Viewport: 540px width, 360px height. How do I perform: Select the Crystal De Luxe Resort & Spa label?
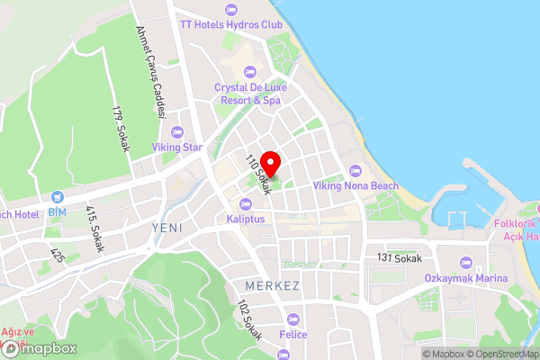(x=247, y=94)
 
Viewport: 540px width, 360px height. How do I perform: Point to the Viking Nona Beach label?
(x=355, y=185)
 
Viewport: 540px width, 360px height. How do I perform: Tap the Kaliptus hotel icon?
(x=245, y=202)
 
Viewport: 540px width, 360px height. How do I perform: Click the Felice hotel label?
(x=292, y=335)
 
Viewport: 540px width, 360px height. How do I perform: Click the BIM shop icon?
(x=58, y=196)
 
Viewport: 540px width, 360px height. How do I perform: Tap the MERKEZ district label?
(x=272, y=285)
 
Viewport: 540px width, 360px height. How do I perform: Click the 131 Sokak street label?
(x=400, y=257)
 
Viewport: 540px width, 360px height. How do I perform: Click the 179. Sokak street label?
(x=121, y=128)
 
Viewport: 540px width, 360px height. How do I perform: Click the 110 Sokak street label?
(x=258, y=175)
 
